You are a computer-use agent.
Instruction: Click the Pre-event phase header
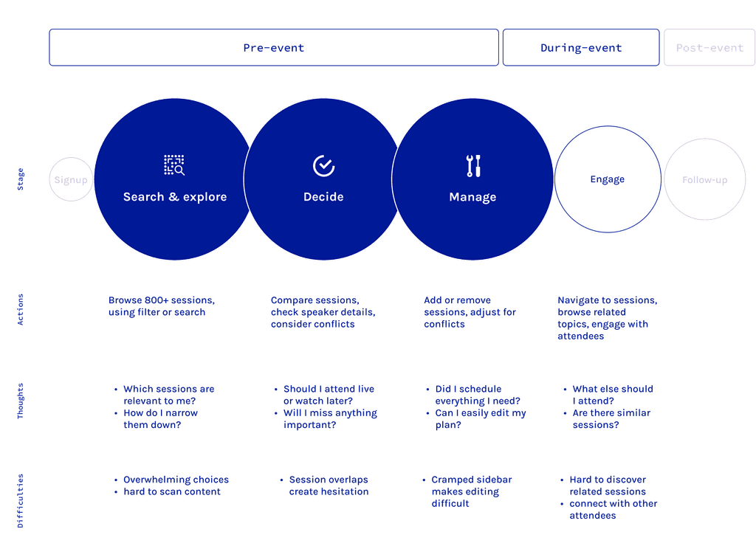point(273,48)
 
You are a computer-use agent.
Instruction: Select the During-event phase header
point(580,48)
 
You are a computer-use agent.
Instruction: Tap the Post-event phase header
point(709,48)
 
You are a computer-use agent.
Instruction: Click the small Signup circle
point(71,180)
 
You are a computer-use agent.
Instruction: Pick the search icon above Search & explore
point(174,165)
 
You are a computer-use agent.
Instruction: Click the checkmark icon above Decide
point(323,166)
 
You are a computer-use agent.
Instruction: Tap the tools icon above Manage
point(473,166)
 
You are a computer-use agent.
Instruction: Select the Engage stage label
point(607,179)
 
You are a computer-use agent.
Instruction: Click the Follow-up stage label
point(704,180)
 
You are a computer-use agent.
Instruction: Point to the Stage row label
point(21,180)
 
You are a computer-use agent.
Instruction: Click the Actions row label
point(21,310)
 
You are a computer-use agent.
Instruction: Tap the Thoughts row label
point(21,401)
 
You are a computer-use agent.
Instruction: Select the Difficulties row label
point(21,500)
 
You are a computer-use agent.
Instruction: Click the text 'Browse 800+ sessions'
point(162,300)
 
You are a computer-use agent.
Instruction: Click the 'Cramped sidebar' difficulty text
point(471,480)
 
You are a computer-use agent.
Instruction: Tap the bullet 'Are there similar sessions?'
point(611,418)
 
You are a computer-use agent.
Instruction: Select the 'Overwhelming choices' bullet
point(176,480)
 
